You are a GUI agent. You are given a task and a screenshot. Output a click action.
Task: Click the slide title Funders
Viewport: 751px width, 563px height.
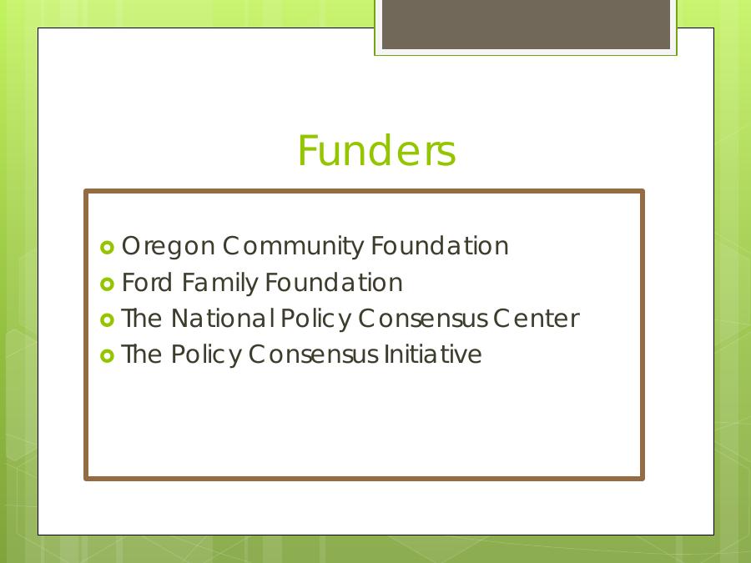coord(376,150)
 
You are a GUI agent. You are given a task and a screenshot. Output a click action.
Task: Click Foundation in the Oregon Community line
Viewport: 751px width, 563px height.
coord(440,245)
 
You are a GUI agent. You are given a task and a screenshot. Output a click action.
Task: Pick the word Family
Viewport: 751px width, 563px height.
coord(219,284)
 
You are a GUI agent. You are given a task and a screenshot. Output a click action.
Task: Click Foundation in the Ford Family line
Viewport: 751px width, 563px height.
coord(334,282)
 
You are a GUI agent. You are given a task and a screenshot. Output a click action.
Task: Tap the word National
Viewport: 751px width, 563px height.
coord(223,319)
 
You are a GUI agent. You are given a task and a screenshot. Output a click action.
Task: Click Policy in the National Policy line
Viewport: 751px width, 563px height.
coord(316,319)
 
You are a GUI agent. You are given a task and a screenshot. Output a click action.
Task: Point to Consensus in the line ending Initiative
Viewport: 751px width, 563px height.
coord(313,354)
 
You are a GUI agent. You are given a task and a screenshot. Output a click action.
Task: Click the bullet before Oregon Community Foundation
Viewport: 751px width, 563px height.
coord(108,248)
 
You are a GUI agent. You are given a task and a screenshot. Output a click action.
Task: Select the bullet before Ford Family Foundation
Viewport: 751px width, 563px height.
coord(108,284)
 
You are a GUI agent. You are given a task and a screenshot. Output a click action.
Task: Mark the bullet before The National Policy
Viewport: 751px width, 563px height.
coord(108,319)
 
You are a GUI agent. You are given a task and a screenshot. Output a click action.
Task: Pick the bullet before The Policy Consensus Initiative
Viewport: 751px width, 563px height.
coord(108,356)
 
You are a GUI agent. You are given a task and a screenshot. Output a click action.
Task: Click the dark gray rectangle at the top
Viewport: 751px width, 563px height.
coord(526,24)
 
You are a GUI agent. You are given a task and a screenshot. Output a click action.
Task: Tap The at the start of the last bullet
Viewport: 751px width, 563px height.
coord(142,354)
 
